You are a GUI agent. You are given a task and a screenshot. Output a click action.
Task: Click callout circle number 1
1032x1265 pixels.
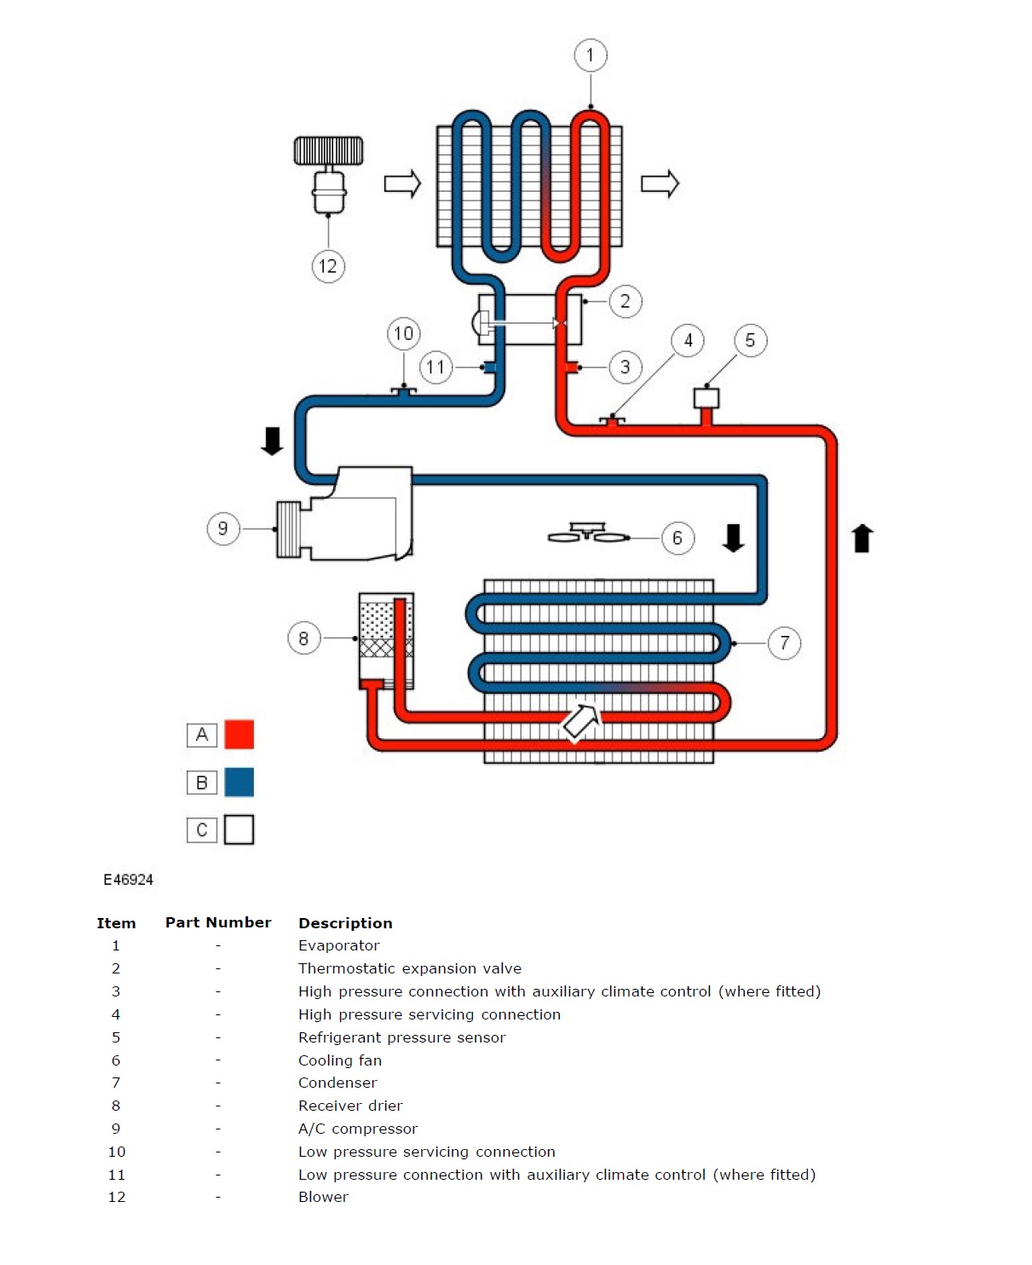[590, 55]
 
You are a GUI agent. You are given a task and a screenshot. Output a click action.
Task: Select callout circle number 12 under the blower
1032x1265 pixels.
[328, 266]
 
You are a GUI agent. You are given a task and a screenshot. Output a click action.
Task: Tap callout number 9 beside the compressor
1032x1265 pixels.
[223, 529]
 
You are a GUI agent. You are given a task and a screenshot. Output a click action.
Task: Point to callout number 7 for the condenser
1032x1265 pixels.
[784, 643]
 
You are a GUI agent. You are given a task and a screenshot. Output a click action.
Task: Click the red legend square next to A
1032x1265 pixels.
[239, 734]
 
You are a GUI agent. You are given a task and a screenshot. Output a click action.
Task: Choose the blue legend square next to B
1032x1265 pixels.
[239, 782]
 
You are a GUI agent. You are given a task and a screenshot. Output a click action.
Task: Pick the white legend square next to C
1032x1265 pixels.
[239, 829]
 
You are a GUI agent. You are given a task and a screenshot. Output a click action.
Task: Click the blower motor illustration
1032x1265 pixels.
[329, 175]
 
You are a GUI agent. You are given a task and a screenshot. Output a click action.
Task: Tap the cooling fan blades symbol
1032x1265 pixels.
[588, 534]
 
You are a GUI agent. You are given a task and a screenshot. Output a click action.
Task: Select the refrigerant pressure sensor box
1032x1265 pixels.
[706, 398]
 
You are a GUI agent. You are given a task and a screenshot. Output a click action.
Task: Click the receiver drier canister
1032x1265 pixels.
[386, 639]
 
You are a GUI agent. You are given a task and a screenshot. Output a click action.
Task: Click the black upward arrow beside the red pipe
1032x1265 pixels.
[862, 538]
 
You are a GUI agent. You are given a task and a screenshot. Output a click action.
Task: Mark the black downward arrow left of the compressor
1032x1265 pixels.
[272, 441]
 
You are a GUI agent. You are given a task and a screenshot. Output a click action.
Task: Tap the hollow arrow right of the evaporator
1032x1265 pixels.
[660, 183]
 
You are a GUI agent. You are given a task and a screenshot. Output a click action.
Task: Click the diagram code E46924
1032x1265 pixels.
[129, 880]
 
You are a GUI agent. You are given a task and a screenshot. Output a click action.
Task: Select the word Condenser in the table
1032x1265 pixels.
[337, 1083]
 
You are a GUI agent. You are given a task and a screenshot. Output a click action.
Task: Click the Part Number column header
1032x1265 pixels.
[218, 922]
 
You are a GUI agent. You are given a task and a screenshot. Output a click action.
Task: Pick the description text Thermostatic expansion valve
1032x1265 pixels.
[410, 968]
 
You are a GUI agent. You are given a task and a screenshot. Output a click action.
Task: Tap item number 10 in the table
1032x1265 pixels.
[117, 1152]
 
